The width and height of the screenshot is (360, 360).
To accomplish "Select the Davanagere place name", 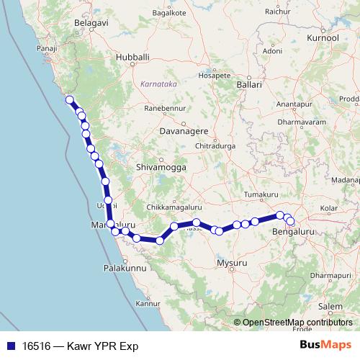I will [x=183, y=132].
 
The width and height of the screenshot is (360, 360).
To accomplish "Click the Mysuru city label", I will [x=232, y=264].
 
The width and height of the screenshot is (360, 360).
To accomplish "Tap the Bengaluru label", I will [x=294, y=232].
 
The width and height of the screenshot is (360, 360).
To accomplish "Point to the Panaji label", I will [x=46, y=48].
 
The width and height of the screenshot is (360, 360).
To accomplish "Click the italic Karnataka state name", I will [x=158, y=84].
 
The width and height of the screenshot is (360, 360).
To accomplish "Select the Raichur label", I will [x=277, y=12].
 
